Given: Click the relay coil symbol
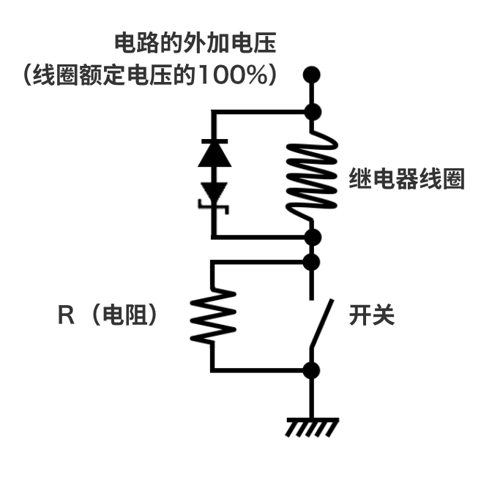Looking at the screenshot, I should [x=312, y=176].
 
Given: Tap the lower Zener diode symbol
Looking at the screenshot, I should [x=213, y=194].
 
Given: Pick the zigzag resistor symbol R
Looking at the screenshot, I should [x=213, y=315].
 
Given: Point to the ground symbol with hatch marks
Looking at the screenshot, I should [x=310, y=427].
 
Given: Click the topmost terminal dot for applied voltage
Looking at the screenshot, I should [x=313, y=74].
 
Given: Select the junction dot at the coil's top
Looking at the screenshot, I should [x=313, y=112].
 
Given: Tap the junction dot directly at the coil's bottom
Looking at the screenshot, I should [x=313, y=237].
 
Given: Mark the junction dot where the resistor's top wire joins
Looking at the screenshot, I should [x=313, y=261].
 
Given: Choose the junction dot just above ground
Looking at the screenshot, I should [x=313, y=369].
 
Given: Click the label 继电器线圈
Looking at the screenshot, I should [x=407, y=179].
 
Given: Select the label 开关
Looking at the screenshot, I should [x=372, y=315].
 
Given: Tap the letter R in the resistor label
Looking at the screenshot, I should [x=65, y=315].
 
